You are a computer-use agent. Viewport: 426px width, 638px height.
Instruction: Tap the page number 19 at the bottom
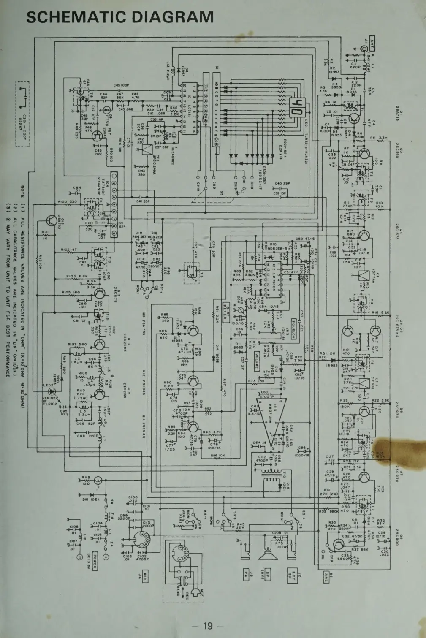click(208, 625)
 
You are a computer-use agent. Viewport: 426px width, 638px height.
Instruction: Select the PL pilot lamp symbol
click(98, 480)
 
